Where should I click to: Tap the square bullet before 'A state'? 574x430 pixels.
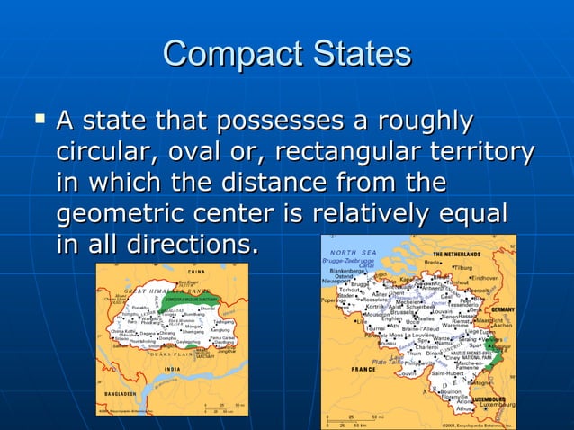click(38, 118)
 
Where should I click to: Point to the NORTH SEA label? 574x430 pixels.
click(353, 252)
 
